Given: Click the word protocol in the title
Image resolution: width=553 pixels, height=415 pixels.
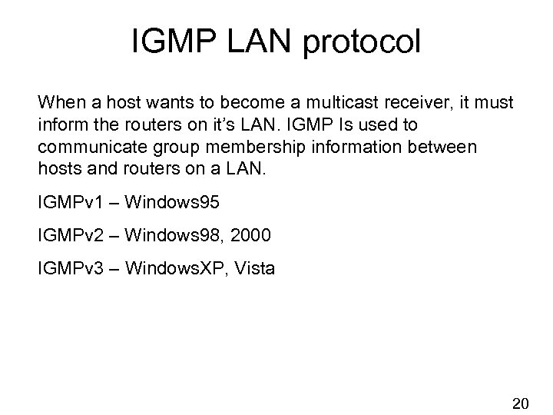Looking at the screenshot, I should [x=365, y=44].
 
